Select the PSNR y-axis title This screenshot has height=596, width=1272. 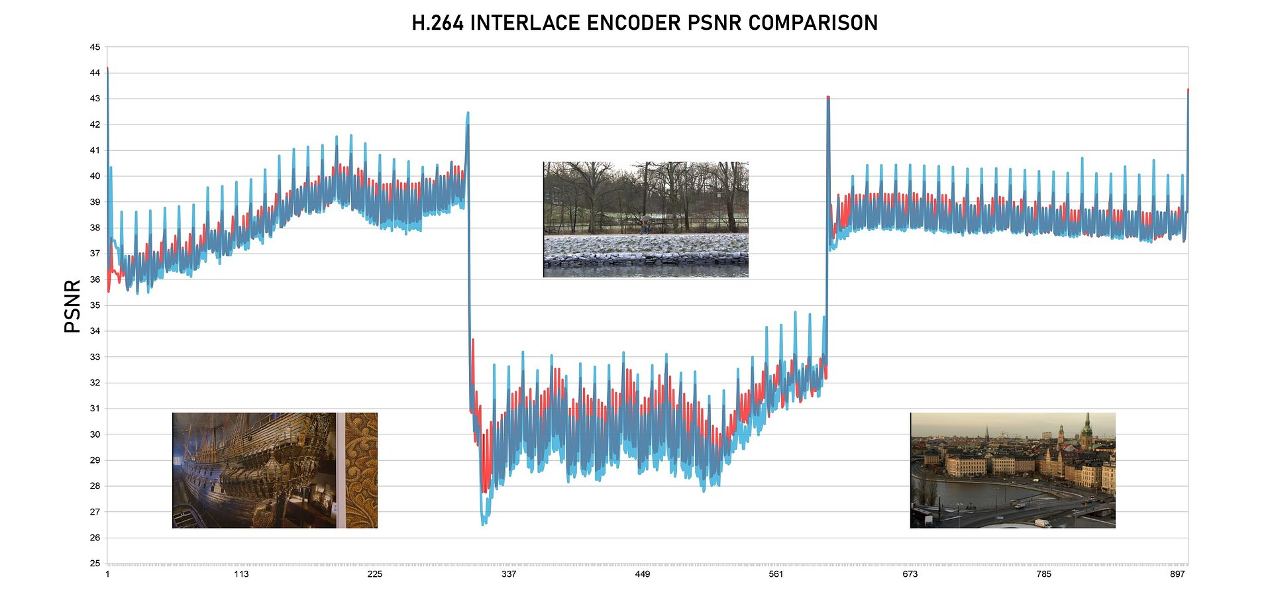[x=72, y=306]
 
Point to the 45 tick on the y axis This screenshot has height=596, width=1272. [x=95, y=47]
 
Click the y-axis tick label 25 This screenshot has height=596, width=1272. [x=95, y=563]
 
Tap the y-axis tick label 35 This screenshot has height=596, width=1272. [x=95, y=305]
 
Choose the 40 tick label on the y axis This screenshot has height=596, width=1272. [x=95, y=176]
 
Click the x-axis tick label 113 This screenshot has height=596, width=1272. [x=241, y=574]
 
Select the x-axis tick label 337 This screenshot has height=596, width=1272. [x=509, y=574]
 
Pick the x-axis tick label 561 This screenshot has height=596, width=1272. [x=776, y=574]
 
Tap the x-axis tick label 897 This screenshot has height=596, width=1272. [x=1177, y=574]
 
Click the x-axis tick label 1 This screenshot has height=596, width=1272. [x=107, y=574]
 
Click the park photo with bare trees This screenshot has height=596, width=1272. [x=646, y=219]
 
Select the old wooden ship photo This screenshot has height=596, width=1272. [x=255, y=470]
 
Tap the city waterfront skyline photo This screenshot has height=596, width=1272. [x=1012, y=470]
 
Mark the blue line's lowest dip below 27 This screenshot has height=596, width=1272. [x=484, y=523]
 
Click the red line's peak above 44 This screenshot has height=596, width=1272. [x=107, y=69]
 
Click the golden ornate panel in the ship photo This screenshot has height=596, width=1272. [x=362, y=470]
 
